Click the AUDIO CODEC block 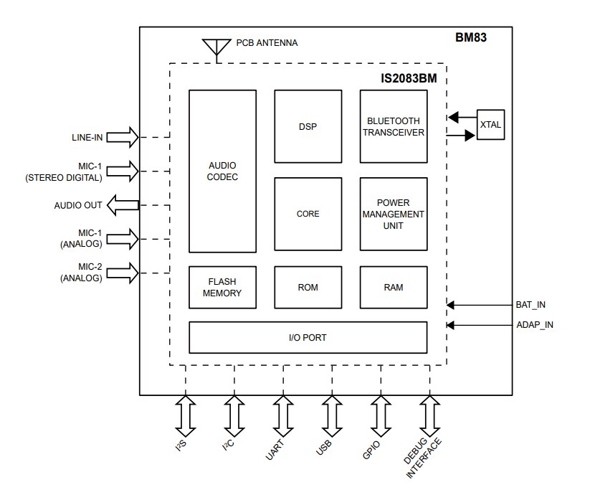[x=222, y=171]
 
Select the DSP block [x=308, y=126]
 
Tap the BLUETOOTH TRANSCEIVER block [x=393, y=126]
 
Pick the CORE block [x=308, y=214]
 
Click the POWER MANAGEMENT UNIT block [x=393, y=214]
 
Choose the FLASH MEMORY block [x=222, y=287]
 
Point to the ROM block [x=308, y=287]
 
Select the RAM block [x=393, y=287]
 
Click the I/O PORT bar [x=308, y=337]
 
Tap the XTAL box [x=490, y=125]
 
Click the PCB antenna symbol [x=213, y=47]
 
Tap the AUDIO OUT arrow [x=123, y=206]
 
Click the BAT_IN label [x=530, y=305]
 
